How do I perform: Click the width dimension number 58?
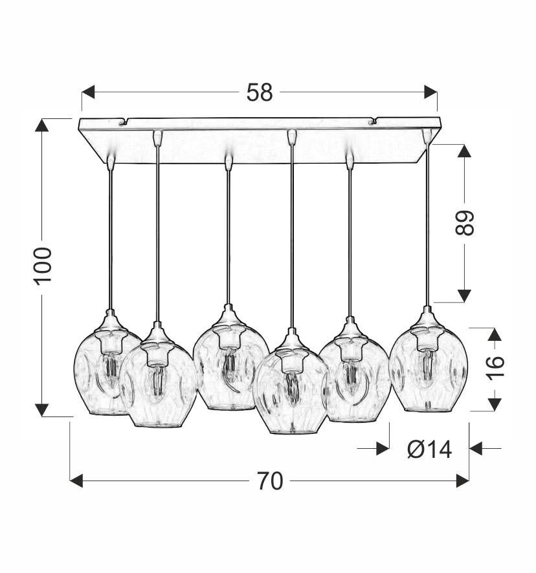[x=260, y=93]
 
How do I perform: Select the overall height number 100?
[x=43, y=265]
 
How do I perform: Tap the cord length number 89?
[x=465, y=223]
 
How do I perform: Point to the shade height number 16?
[x=494, y=369]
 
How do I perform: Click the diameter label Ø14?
[x=430, y=448]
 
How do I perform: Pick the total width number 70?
[x=270, y=481]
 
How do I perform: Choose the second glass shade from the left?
[x=157, y=385]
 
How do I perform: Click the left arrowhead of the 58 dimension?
[x=88, y=92]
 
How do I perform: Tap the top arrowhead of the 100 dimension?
[x=42, y=125]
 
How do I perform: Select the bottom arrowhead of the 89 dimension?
[x=464, y=296]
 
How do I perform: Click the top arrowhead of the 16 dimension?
[x=495, y=334]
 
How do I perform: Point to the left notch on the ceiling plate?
[x=124, y=120]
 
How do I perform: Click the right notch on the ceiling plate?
[x=372, y=120]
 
